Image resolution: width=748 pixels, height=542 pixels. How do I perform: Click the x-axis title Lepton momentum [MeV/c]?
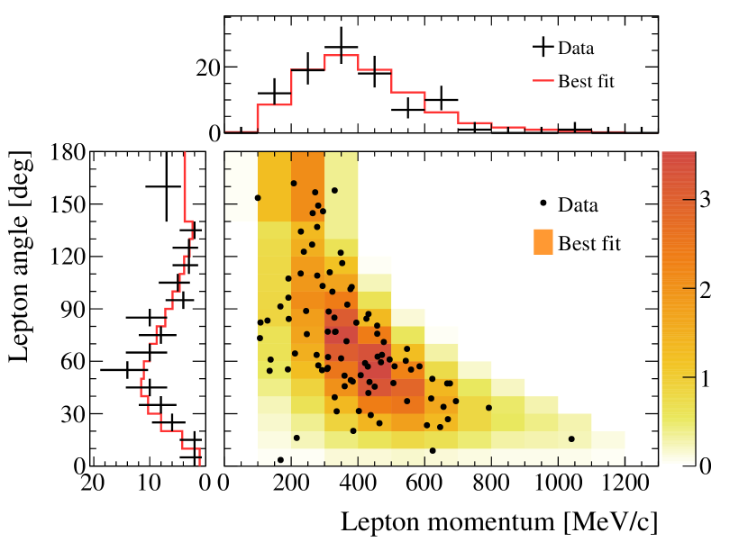[x=498, y=520]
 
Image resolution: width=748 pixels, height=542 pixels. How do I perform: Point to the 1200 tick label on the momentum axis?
[x=624, y=482]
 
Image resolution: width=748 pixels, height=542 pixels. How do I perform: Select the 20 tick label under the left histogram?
[x=91, y=482]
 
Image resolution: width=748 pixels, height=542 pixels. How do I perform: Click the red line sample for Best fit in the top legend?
[x=542, y=82]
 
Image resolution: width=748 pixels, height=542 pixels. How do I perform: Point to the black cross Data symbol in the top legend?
[x=542, y=48]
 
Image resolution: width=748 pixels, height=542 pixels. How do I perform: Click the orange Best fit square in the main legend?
[x=543, y=242]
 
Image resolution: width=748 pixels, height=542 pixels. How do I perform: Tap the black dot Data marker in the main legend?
[x=543, y=204]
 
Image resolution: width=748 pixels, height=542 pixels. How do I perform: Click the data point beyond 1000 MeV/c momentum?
[x=571, y=439]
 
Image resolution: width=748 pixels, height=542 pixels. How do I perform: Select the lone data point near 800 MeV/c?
[x=489, y=408]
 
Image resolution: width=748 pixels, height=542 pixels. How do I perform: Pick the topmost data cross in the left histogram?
[x=166, y=186]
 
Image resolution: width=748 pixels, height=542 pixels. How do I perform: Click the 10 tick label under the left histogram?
[x=149, y=482]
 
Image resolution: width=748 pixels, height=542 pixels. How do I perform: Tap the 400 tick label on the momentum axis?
[x=358, y=482]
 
